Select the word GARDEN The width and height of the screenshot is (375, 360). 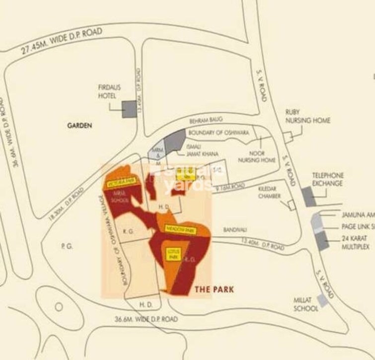tap(79, 126)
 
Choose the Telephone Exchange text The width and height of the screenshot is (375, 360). tap(327, 179)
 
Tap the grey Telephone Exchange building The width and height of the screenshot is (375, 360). tap(308, 197)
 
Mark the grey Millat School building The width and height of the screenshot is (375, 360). tap(323, 300)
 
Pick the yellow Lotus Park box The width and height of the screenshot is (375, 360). tap(173, 255)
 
